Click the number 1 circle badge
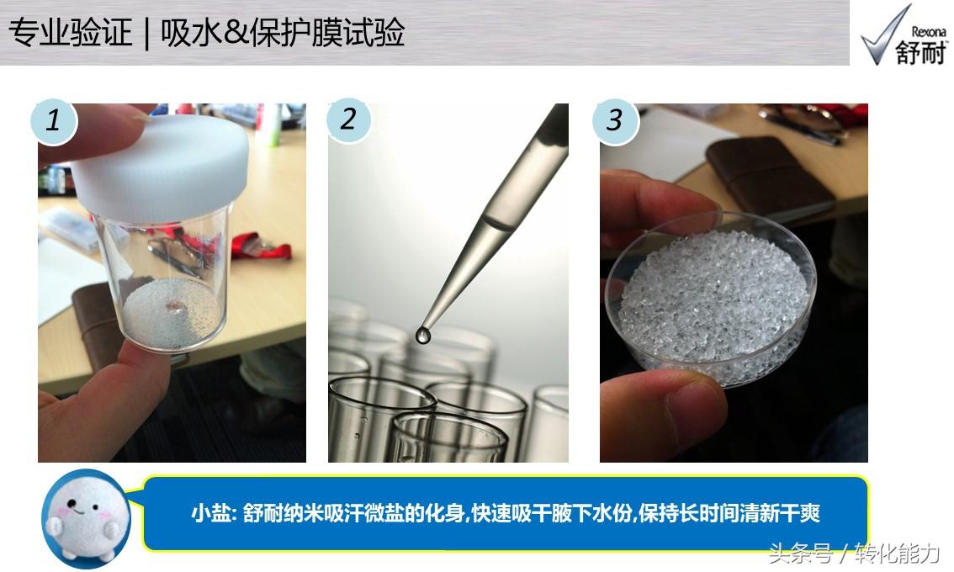coord(54,120)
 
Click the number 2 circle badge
coord(348,119)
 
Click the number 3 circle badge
coord(616,120)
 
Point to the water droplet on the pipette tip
coord(422,335)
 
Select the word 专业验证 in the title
coord(70,32)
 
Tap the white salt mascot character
coord(87,517)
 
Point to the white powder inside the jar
coord(172,315)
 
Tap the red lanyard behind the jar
coord(258,246)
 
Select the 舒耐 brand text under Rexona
coord(921,52)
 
